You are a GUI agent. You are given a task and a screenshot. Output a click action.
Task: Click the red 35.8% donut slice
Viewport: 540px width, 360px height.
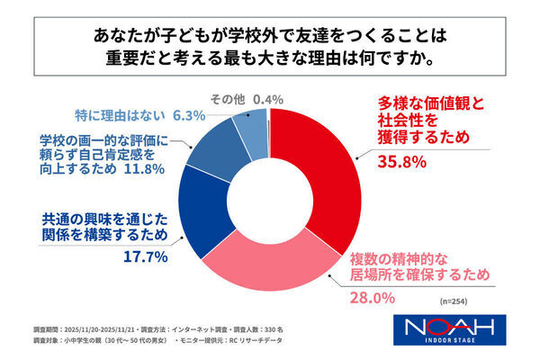click(329, 162)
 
